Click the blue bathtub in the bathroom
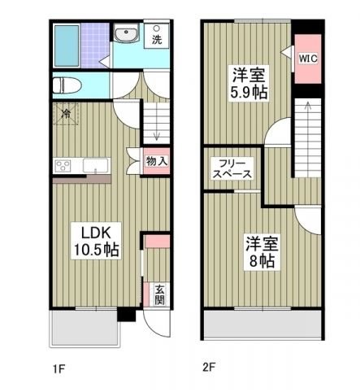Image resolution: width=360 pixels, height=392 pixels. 67,47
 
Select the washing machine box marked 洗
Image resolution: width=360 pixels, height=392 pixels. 157,36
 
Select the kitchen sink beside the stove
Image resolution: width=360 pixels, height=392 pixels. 97,167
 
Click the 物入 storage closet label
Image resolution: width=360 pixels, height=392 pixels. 157,161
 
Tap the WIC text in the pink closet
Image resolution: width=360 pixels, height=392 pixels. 308,59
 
